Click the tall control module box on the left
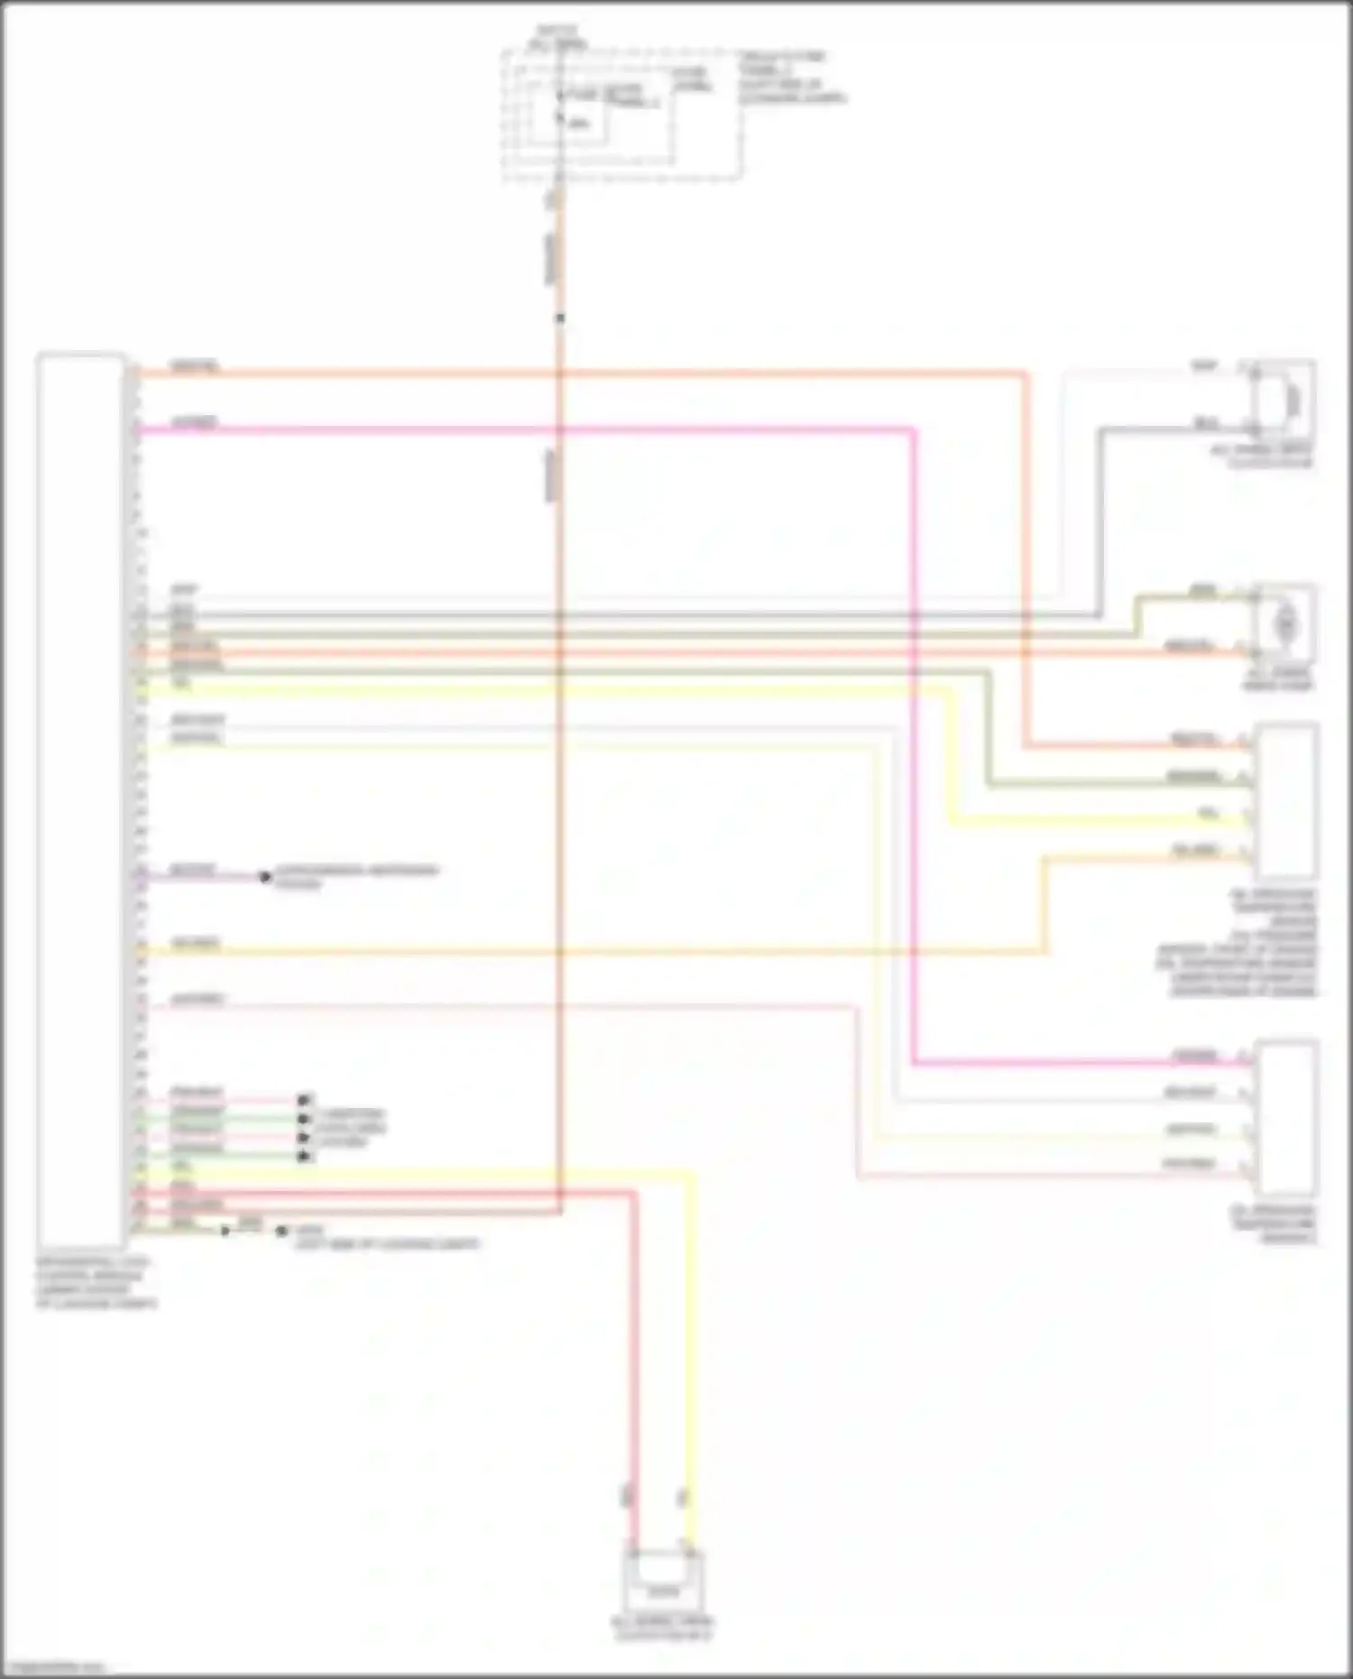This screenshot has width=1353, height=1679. pyautogui.click(x=80, y=798)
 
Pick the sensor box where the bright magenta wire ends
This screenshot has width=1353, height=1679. pyautogui.click(x=1288, y=1119)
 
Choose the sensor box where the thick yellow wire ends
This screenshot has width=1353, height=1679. pyautogui.click(x=1286, y=801)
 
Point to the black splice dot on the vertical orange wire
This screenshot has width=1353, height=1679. pyautogui.click(x=560, y=318)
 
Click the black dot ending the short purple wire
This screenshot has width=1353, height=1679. pyautogui.click(x=265, y=876)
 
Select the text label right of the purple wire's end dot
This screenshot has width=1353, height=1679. pyautogui.click(x=355, y=877)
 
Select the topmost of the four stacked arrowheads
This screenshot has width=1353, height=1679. pyautogui.click(x=305, y=1100)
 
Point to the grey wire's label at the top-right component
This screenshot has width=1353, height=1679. pyautogui.click(x=1205, y=422)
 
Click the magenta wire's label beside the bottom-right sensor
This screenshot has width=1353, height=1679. pyautogui.click(x=1194, y=1056)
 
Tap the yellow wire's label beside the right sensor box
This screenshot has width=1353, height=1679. pyautogui.click(x=1209, y=814)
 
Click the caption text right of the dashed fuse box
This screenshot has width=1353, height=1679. pyautogui.click(x=792, y=77)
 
